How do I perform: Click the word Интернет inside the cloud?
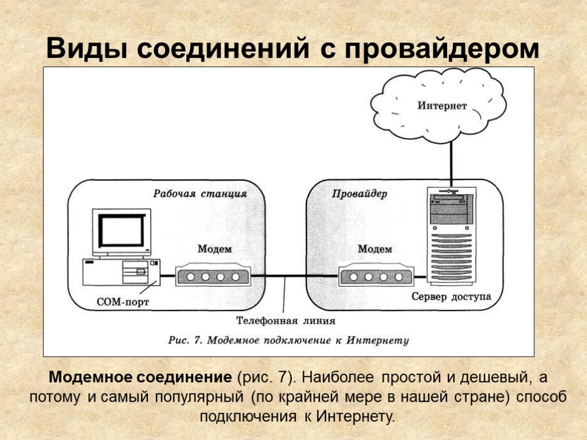(x=442, y=106)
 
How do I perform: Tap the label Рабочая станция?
(x=199, y=194)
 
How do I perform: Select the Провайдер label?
(x=359, y=194)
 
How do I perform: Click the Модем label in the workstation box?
(x=214, y=249)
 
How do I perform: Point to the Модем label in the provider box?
(x=375, y=249)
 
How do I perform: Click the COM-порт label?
(x=123, y=301)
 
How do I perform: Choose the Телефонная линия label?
(x=285, y=321)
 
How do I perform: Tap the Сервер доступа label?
(x=451, y=297)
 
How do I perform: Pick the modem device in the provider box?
(x=375, y=276)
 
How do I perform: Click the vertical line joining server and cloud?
(x=451, y=163)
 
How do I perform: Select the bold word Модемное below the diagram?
(x=90, y=378)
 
